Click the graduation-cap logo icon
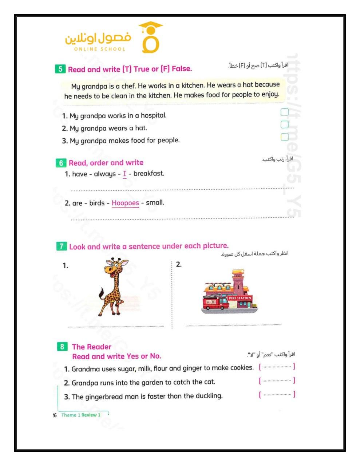pyautogui.click(x=150, y=37)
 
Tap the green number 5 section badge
pyautogui.click(x=60, y=69)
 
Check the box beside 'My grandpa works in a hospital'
pyautogui.click(x=285, y=112)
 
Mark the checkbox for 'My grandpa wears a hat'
pyautogui.click(x=285, y=125)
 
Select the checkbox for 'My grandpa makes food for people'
pyautogui.click(x=285, y=137)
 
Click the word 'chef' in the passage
pyautogui.click(x=127, y=86)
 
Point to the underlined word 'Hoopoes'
pyautogui.click(x=125, y=203)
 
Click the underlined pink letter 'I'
pyautogui.click(x=124, y=174)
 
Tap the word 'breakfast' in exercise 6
pyautogui.click(x=149, y=174)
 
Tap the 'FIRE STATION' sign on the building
pyautogui.click(x=240, y=298)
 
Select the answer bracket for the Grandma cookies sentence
pyautogui.click(x=277, y=367)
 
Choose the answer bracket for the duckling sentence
pyautogui.click(x=277, y=394)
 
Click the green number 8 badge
pyautogui.click(x=62, y=347)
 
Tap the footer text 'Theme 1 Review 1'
pyautogui.click(x=81, y=415)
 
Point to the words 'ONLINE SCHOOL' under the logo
pyautogui.click(x=99, y=49)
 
